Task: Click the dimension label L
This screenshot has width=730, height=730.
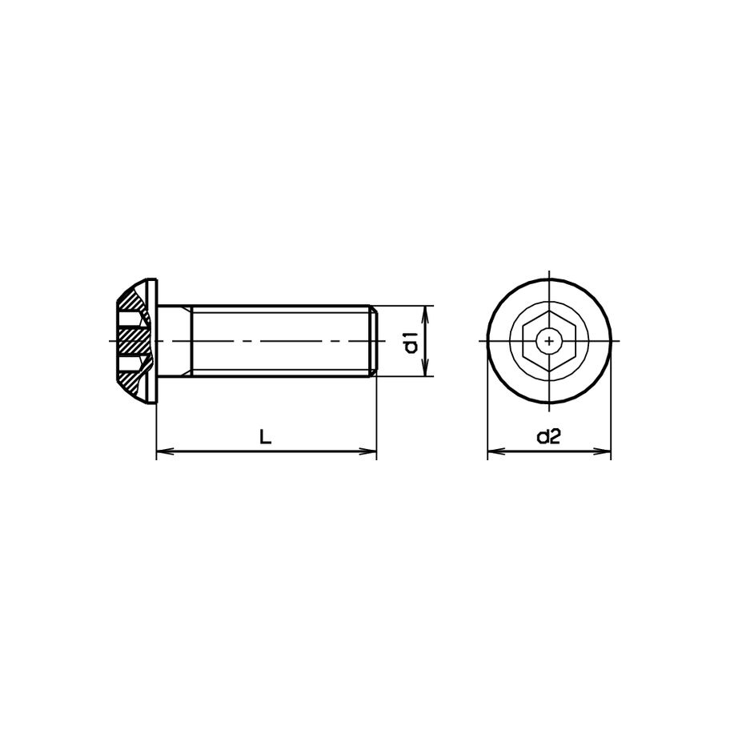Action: (x=266, y=437)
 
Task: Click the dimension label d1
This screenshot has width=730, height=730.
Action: (x=411, y=342)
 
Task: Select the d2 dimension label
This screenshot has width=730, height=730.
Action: (x=548, y=437)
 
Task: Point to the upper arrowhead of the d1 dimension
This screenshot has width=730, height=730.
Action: (x=425, y=311)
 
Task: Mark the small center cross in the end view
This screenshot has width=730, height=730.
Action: (x=549, y=342)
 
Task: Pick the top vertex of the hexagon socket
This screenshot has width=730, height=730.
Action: (x=549, y=313)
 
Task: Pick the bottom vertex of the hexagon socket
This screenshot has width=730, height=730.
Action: (x=549, y=371)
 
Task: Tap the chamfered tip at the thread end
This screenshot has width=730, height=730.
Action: (x=372, y=342)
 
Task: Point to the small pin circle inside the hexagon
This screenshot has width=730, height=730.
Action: (x=549, y=334)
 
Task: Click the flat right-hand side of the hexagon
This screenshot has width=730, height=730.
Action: (x=574, y=342)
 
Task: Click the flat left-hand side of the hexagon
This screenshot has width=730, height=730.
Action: (x=524, y=342)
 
